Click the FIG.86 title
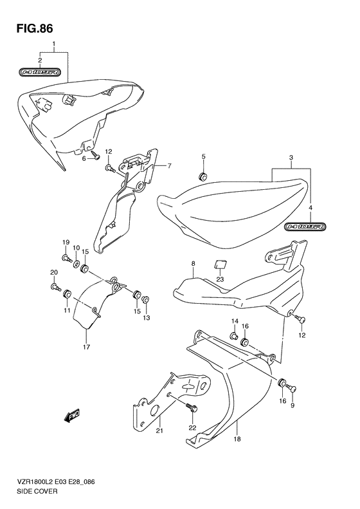tap(34, 29)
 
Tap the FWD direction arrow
tap(71, 416)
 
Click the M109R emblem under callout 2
tap(40, 71)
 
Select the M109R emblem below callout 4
tap(305, 227)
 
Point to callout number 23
tap(221, 279)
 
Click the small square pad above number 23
tap(220, 264)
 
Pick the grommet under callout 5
tap(203, 177)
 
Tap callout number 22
tap(193, 427)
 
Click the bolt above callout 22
tap(192, 407)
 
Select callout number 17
tap(86, 347)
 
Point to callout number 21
tap(159, 430)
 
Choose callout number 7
tap(169, 166)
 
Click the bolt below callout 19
tap(67, 259)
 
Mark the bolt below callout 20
tap(56, 286)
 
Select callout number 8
tap(193, 264)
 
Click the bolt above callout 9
tap(292, 387)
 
